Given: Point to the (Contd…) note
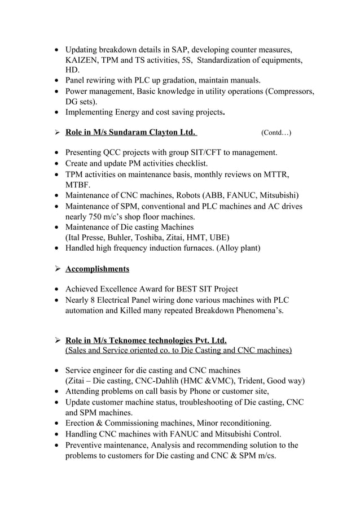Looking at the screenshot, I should [x=276, y=133].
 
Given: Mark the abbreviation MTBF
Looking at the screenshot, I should [x=79, y=185].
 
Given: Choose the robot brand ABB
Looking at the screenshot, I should [x=216, y=195].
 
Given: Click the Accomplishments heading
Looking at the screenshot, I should [x=97, y=268].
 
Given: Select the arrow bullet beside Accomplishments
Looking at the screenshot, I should [x=56, y=269].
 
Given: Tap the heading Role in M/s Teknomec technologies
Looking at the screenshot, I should [x=146, y=340].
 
